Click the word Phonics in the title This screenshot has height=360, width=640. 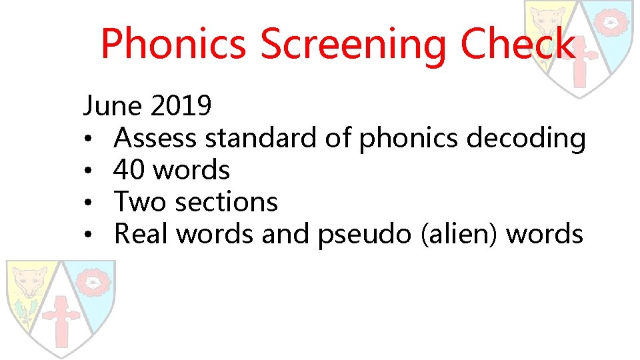175,44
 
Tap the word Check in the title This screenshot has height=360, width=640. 517,44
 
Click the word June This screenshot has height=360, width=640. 112,105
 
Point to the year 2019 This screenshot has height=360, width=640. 181,105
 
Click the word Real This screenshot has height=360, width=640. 141,233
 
